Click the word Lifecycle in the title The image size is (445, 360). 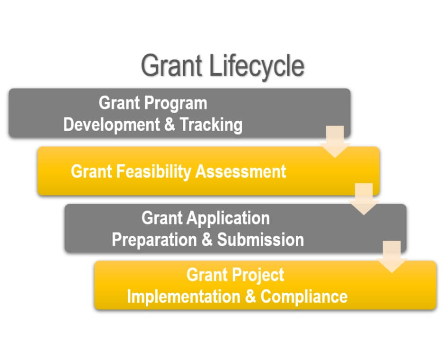257,66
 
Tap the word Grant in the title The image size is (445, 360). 171,65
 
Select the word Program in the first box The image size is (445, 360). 176,104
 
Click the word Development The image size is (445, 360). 111,125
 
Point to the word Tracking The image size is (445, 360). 211,125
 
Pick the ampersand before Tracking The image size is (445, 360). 169,125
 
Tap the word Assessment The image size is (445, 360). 240,171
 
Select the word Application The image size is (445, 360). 228,219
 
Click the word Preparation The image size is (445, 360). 154,240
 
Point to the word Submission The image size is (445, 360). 260,240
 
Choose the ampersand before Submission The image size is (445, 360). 207,239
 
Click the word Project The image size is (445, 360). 258,275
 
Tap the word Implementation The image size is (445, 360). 184,297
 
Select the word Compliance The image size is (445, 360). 304,297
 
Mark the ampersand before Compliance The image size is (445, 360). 250,297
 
